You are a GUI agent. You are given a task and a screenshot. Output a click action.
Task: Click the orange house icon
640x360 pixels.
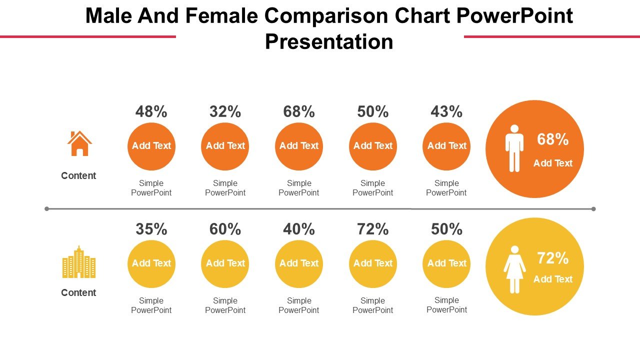point(79,144)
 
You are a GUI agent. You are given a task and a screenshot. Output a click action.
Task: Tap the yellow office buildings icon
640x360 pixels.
point(79,262)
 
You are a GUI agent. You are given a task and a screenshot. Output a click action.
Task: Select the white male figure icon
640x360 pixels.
point(514,148)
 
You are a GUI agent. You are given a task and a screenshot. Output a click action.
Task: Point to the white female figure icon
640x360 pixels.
point(514,269)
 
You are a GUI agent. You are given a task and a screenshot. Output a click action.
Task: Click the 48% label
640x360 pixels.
point(151,111)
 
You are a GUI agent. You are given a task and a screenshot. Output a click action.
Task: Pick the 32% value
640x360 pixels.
point(225,111)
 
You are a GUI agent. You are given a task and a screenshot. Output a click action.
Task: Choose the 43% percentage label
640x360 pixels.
point(446,111)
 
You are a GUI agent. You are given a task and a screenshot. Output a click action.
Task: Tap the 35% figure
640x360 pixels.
point(151,229)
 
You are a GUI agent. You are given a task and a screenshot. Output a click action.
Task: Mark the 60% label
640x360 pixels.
point(225,229)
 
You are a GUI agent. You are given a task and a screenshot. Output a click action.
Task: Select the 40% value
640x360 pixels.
point(299,229)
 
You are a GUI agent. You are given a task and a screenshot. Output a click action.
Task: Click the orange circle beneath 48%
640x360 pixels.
point(151,146)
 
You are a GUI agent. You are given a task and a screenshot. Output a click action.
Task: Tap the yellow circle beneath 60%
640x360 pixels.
point(225,264)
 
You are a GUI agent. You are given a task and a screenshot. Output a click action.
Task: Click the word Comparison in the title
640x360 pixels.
point(325,16)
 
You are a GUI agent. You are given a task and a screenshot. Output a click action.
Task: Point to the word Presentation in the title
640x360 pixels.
point(329,41)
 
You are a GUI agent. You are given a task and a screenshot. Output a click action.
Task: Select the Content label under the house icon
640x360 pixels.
point(78,175)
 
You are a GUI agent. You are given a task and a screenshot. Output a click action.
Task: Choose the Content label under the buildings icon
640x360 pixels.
point(78,292)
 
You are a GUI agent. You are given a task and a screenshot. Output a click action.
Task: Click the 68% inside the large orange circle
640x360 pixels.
point(552,139)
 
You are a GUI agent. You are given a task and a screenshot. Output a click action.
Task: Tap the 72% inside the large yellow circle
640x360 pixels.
point(552,258)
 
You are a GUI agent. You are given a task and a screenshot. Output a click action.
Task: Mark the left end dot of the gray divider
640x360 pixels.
point(47,208)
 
